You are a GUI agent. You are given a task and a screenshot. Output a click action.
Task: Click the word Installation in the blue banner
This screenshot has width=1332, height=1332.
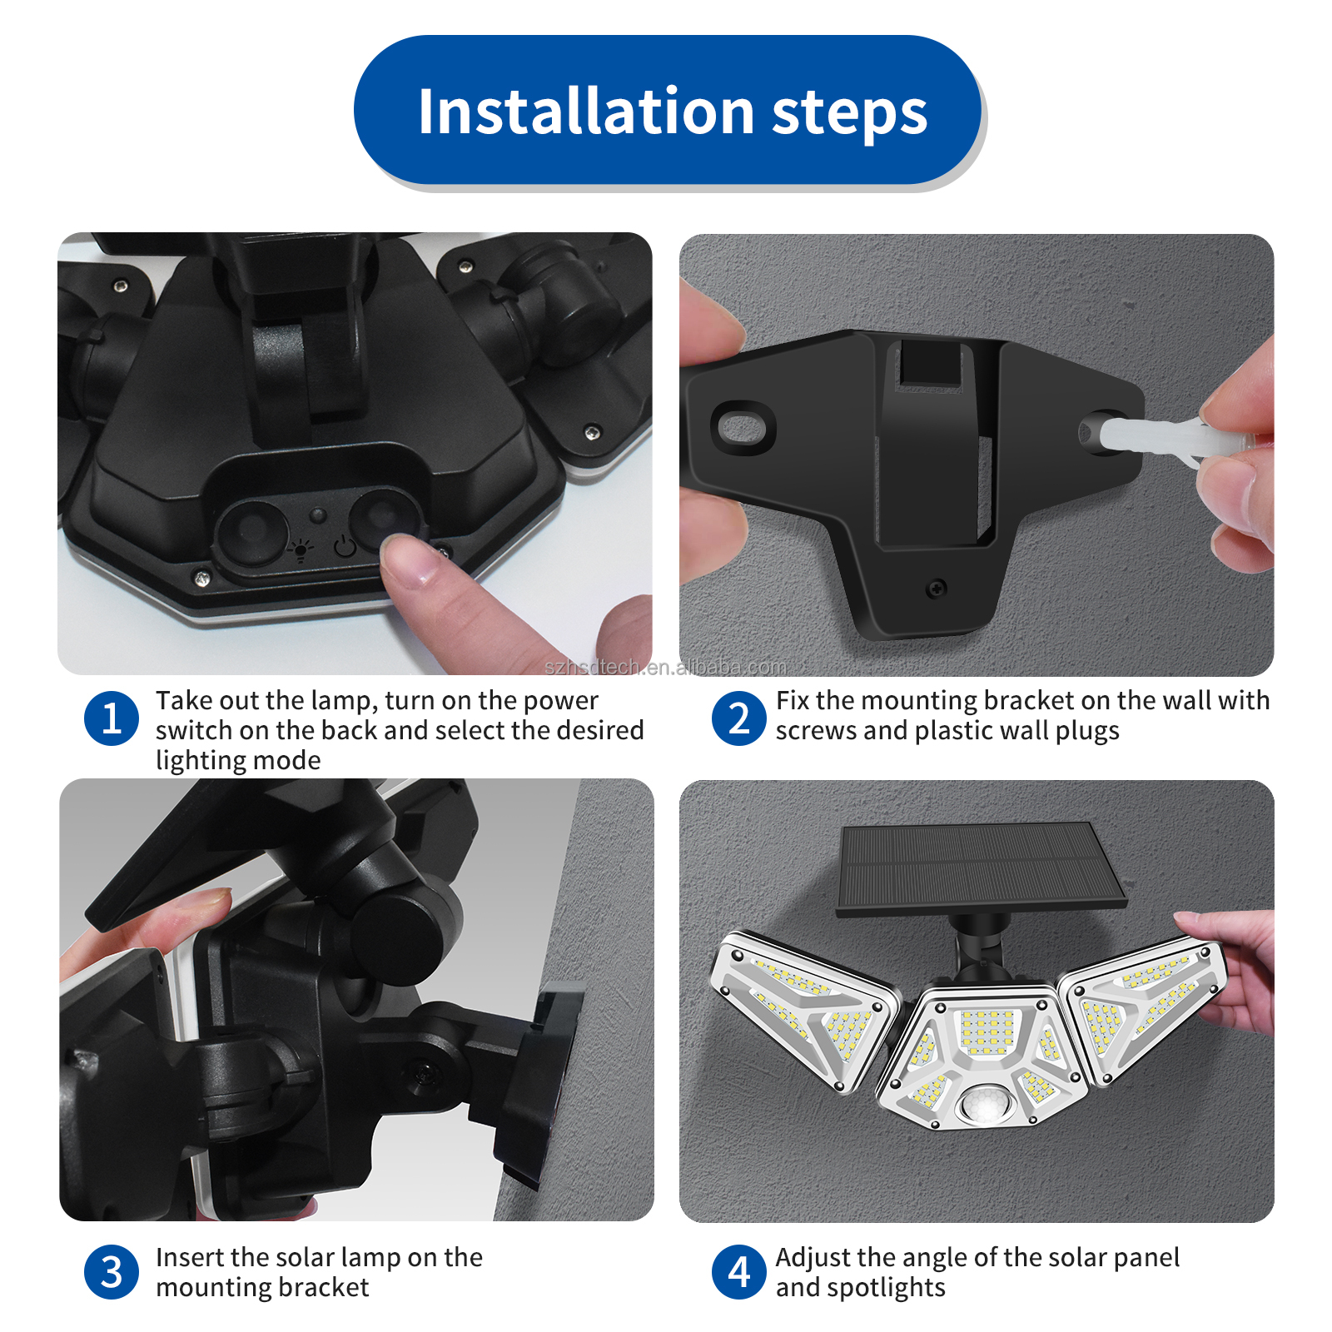pos(585,112)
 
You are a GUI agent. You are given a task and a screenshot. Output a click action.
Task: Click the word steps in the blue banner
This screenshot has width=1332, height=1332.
pos(849,113)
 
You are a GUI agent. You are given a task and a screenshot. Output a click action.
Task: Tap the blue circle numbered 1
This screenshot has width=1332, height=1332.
pos(111,718)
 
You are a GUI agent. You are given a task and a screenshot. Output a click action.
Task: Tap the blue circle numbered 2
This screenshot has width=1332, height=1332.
pos(738,718)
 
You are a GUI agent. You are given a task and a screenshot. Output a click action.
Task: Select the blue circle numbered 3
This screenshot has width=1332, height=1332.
pos(111,1272)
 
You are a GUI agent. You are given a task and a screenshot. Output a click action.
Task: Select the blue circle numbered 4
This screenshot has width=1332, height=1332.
pos(738,1272)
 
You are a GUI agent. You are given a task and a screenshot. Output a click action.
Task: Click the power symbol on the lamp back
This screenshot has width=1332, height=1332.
pos(345,547)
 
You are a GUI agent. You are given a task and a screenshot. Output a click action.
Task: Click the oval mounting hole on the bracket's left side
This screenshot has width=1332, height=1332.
pos(743,428)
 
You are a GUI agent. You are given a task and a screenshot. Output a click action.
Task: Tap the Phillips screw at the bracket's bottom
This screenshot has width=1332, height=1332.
pos(937,589)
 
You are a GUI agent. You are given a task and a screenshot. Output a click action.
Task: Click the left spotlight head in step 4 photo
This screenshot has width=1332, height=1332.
pos(803,1007)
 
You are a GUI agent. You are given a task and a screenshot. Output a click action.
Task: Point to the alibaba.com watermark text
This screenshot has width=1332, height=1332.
pos(665,667)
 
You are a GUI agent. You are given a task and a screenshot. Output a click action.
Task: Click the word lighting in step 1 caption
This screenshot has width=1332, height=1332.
pos(201,761)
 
